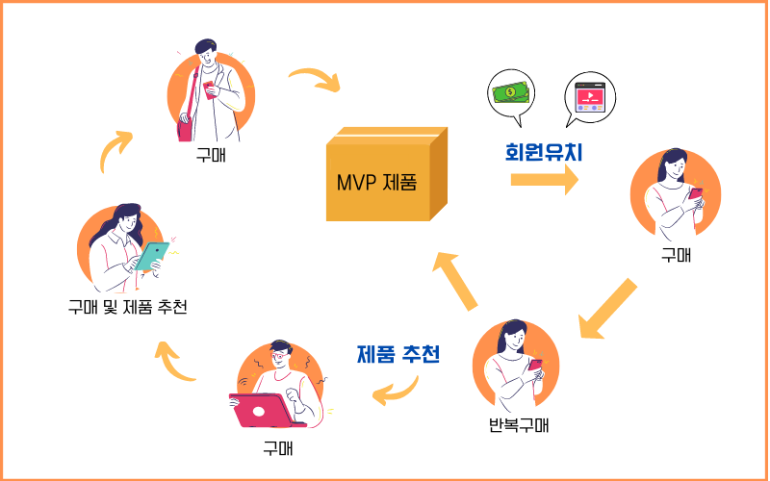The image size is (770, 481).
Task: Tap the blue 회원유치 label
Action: (545, 152)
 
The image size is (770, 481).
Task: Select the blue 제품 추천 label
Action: (398, 354)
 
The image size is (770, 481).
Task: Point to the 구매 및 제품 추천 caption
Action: (127, 308)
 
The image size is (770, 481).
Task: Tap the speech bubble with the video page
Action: (590, 97)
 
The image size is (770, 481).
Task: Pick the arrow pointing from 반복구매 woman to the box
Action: (456, 280)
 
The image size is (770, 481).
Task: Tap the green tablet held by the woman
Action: (151, 255)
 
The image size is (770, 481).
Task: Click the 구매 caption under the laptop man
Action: (278, 448)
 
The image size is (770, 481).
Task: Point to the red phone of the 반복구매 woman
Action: (536, 366)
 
